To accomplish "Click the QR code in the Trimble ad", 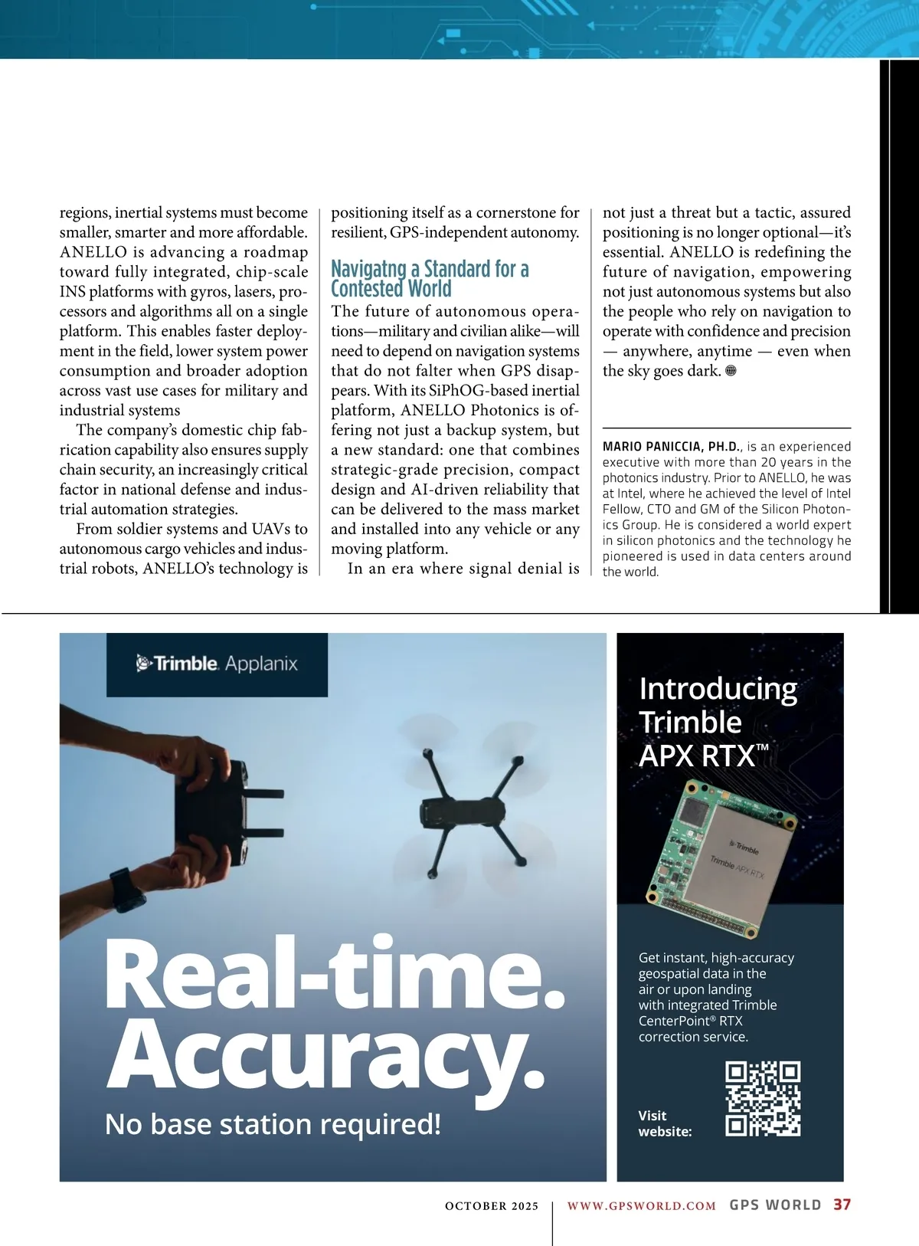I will (x=763, y=1098).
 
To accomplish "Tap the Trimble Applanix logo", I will (x=217, y=664).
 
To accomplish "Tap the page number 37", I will (x=842, y=1205).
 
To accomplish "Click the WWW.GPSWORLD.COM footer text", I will (x=641, y=1206).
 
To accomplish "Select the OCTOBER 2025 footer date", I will (x=492, y=1206).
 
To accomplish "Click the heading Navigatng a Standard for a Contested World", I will (x=429, y=279).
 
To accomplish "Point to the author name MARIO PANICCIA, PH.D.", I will (x=671, y=447).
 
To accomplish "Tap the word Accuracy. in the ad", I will (x=326, y=1057).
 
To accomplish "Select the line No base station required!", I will (x=273, y=1124).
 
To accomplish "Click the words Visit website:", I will (x=665, y=1123).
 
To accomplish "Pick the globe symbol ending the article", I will (x=731, y=371).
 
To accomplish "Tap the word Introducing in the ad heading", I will (x=718, y=688).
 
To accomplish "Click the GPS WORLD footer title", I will (x=775, y=1205).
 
